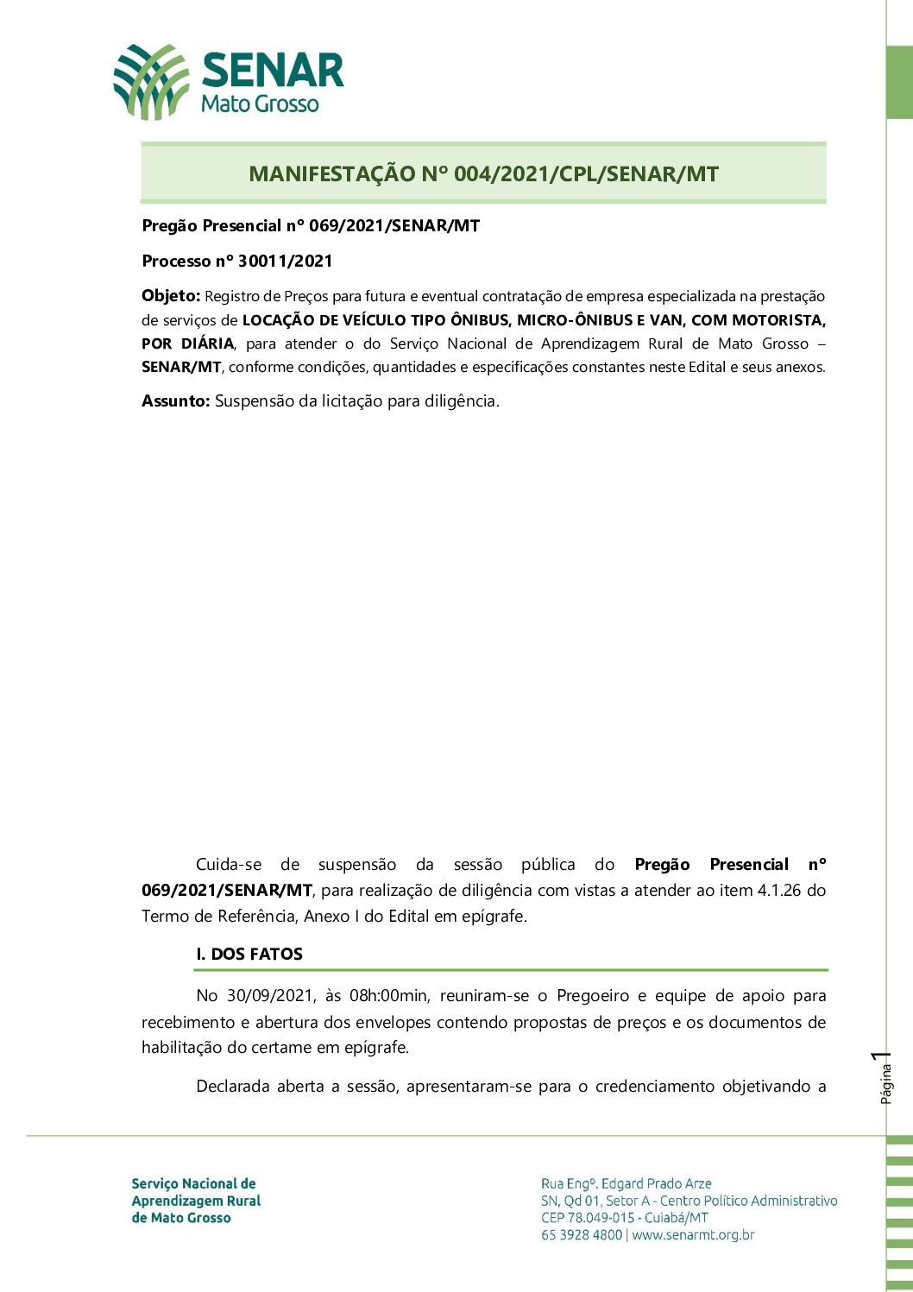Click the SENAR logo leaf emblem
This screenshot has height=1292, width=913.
[x=151, y=82]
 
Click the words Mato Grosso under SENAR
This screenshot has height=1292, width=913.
[x=260, y=104]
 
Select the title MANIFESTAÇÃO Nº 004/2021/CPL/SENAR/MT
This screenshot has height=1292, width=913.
[x=483, y=173]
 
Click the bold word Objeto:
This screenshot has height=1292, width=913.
[x=171, y=296]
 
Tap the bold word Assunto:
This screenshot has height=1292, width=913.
[x=176, y=400]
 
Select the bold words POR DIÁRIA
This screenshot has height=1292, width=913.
[x=187, y=343]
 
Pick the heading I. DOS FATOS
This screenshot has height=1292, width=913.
[x=249, y=954]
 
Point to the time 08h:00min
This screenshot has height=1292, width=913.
[x=388, y=996]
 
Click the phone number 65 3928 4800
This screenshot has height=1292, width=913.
[x=582, y=1235]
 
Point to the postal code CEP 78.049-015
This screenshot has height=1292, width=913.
[x=588, y=1218]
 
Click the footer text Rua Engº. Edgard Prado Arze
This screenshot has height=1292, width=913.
[x=627, y=1183]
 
